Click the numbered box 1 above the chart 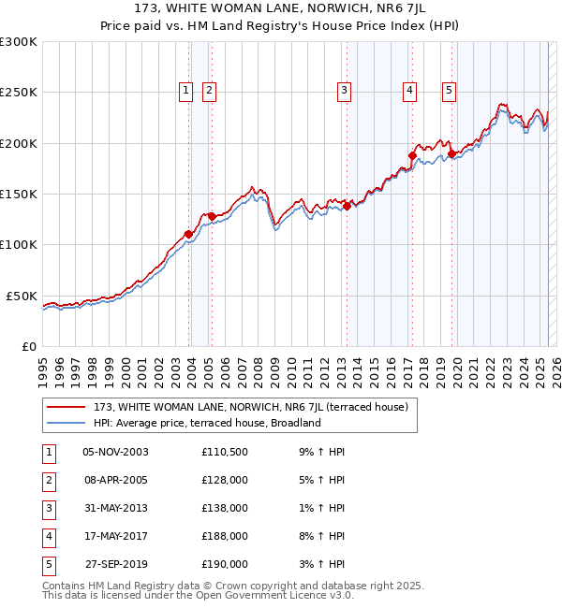185,91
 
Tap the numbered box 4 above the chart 410,91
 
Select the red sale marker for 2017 412,155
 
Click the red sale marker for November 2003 189,234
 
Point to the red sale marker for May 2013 347,206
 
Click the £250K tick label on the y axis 19,93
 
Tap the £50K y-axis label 22,296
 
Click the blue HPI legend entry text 207,423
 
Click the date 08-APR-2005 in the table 115,480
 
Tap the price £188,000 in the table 225,536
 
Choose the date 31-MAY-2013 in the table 115,508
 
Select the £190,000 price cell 225,564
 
